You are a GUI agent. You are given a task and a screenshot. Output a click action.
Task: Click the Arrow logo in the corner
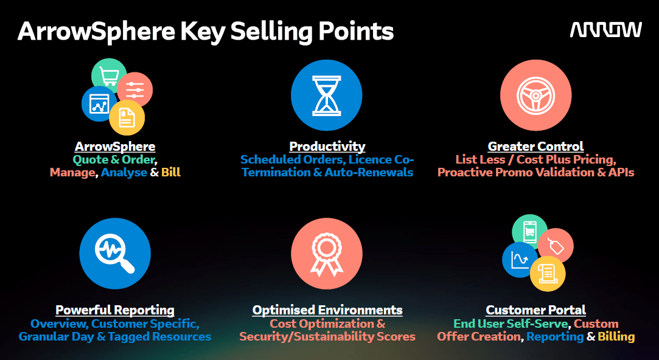605,30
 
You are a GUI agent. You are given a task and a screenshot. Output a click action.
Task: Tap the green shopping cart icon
108,75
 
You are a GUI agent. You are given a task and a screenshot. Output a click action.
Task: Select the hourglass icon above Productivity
326,95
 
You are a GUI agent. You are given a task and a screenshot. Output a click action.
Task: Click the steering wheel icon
535,95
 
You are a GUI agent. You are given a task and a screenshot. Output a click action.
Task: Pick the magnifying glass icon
115,254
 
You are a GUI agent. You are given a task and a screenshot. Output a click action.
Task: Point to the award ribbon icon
326,254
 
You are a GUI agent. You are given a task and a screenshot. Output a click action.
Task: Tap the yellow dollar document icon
127,117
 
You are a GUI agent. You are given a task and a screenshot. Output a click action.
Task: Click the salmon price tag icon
556,246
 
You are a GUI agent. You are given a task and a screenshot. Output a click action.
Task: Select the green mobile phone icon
529,232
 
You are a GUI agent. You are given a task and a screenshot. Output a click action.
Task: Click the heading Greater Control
535,146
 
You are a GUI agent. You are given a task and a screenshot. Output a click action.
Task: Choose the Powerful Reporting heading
115,310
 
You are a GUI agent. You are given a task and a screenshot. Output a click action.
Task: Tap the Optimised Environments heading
327,310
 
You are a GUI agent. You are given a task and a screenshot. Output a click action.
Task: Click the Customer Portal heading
535,310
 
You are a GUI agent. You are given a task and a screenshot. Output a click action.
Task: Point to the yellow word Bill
170,172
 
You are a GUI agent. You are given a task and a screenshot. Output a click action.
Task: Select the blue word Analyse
124,173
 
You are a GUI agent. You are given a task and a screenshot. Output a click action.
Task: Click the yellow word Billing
616,337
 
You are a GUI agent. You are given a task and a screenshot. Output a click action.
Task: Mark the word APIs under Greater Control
621,172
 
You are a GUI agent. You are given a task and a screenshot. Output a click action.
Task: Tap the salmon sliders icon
134,90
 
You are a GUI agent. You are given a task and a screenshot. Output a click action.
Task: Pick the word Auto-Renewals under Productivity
369,172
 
